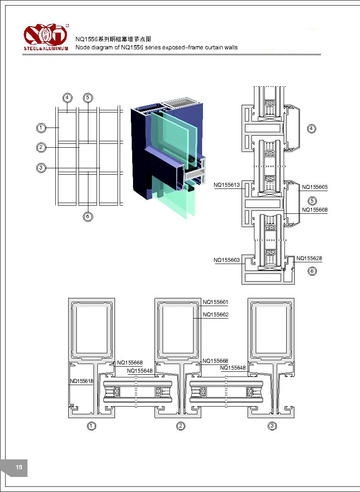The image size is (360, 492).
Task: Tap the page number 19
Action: [19, 468]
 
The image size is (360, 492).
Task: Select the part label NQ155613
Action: [227, 185]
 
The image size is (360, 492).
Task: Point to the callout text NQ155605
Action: [315, 187]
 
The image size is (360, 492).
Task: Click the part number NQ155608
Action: [315, 210]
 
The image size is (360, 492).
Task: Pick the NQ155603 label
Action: [227, 260]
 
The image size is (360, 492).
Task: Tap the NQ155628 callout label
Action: [309, 258]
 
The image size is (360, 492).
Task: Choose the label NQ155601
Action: [215, 302]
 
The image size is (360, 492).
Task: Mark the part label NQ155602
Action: [215, 315]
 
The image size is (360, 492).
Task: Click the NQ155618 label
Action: [82, 381]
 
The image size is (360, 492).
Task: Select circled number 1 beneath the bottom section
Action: [91, 426]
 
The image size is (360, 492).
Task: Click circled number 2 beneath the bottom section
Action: [181, 426]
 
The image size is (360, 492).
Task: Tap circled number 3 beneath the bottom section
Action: [272, 426]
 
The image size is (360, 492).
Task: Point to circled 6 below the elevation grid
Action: [88, 216]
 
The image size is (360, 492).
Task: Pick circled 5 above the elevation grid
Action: [88, 97]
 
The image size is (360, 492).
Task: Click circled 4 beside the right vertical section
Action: [312, 128]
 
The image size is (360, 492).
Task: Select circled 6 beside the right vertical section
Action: [312, 271]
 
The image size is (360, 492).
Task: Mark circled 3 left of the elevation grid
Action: [41, 167]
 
